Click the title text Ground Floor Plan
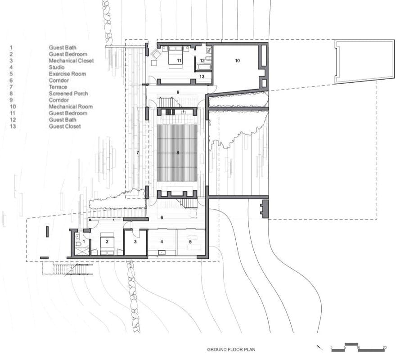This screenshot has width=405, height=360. click(231, 350)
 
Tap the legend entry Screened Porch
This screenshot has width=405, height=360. click(68, 94)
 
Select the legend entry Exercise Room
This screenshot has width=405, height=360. click(67, 74)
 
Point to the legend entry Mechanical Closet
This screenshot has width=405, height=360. click(71, 61)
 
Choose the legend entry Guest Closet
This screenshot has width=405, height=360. click(65, 126)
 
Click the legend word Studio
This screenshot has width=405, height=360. click(57, 67)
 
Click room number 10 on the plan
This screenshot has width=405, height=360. click(237, 60)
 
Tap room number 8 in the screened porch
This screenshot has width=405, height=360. click(178, 153)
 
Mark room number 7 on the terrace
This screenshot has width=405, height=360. click(138, 153)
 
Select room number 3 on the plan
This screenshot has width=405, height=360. click(135, 242)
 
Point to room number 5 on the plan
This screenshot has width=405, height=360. click(190, 242)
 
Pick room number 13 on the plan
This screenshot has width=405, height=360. click(202, 76)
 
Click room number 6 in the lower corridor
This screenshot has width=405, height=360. click(162, 218)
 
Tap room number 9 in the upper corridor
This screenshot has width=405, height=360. click(178, 92)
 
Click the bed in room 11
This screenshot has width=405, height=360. click(175, 55)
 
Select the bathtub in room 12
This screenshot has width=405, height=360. click(204, 67)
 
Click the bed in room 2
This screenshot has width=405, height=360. click(107, 243)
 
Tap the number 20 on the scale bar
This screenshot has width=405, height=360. click(384, 347)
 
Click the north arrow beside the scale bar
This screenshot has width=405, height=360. click(319, 347)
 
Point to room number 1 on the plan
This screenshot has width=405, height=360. click(84, 242)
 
